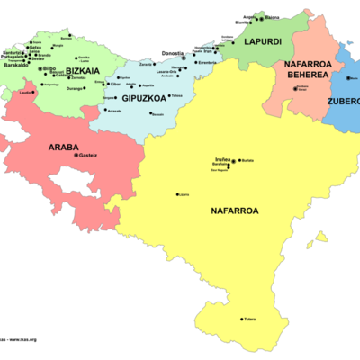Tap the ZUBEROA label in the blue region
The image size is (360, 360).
tap(346, 100)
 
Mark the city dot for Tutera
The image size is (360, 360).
tap(241, 319)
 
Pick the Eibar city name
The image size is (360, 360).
tap(115, 82)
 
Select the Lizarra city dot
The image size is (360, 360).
tap(176, 193)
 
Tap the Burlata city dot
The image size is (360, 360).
tap(239, 161)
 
